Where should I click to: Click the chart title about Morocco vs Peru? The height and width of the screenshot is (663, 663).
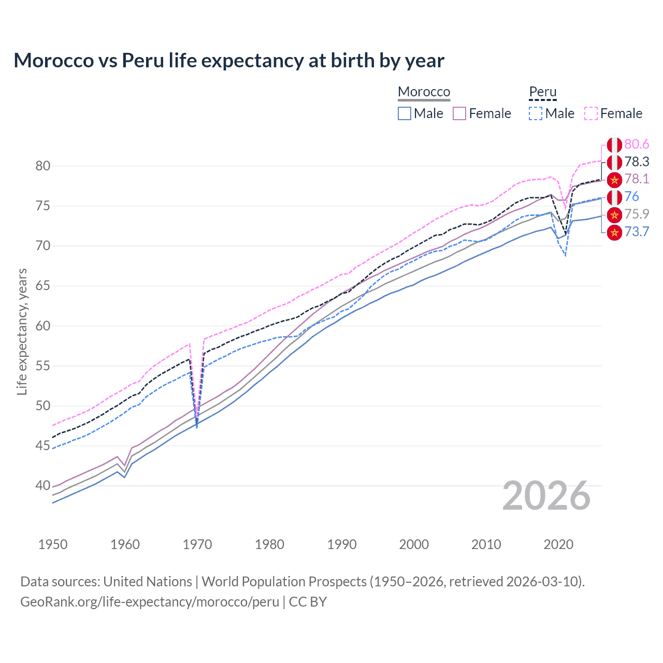pos(228,61)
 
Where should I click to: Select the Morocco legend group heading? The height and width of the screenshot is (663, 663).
pos(424,92)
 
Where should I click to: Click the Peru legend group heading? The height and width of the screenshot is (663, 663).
pos(542,92)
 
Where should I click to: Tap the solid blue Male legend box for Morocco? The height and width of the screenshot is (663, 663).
pos(405,113)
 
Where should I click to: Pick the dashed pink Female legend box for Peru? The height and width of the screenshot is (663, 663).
pos(591,113)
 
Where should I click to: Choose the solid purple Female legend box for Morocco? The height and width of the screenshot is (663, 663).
pos(460,113)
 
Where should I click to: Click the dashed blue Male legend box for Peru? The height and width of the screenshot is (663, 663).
pos(536,113)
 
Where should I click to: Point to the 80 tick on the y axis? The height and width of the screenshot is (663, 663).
pos(43,166)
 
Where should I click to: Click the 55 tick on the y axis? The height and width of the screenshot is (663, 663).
pos(43,366)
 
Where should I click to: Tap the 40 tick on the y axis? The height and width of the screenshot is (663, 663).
pos(43,486)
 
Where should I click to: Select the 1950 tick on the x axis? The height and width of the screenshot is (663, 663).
pos(53,544)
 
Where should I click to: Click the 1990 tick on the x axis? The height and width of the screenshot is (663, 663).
pos(342,544)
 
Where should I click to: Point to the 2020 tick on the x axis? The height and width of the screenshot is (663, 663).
pos(558,544)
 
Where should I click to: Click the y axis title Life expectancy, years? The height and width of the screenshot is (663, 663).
pos(22,331)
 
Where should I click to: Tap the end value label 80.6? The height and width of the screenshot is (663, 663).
pos(637,144)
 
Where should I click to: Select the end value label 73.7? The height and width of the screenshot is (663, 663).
pos(637,232)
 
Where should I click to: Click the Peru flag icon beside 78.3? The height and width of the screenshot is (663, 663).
pos(614,162)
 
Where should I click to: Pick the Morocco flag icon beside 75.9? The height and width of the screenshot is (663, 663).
pos(614,214)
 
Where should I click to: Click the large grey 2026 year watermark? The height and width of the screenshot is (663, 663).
pos(546,496)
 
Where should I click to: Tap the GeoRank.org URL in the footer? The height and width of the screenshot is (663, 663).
pos(149,602)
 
